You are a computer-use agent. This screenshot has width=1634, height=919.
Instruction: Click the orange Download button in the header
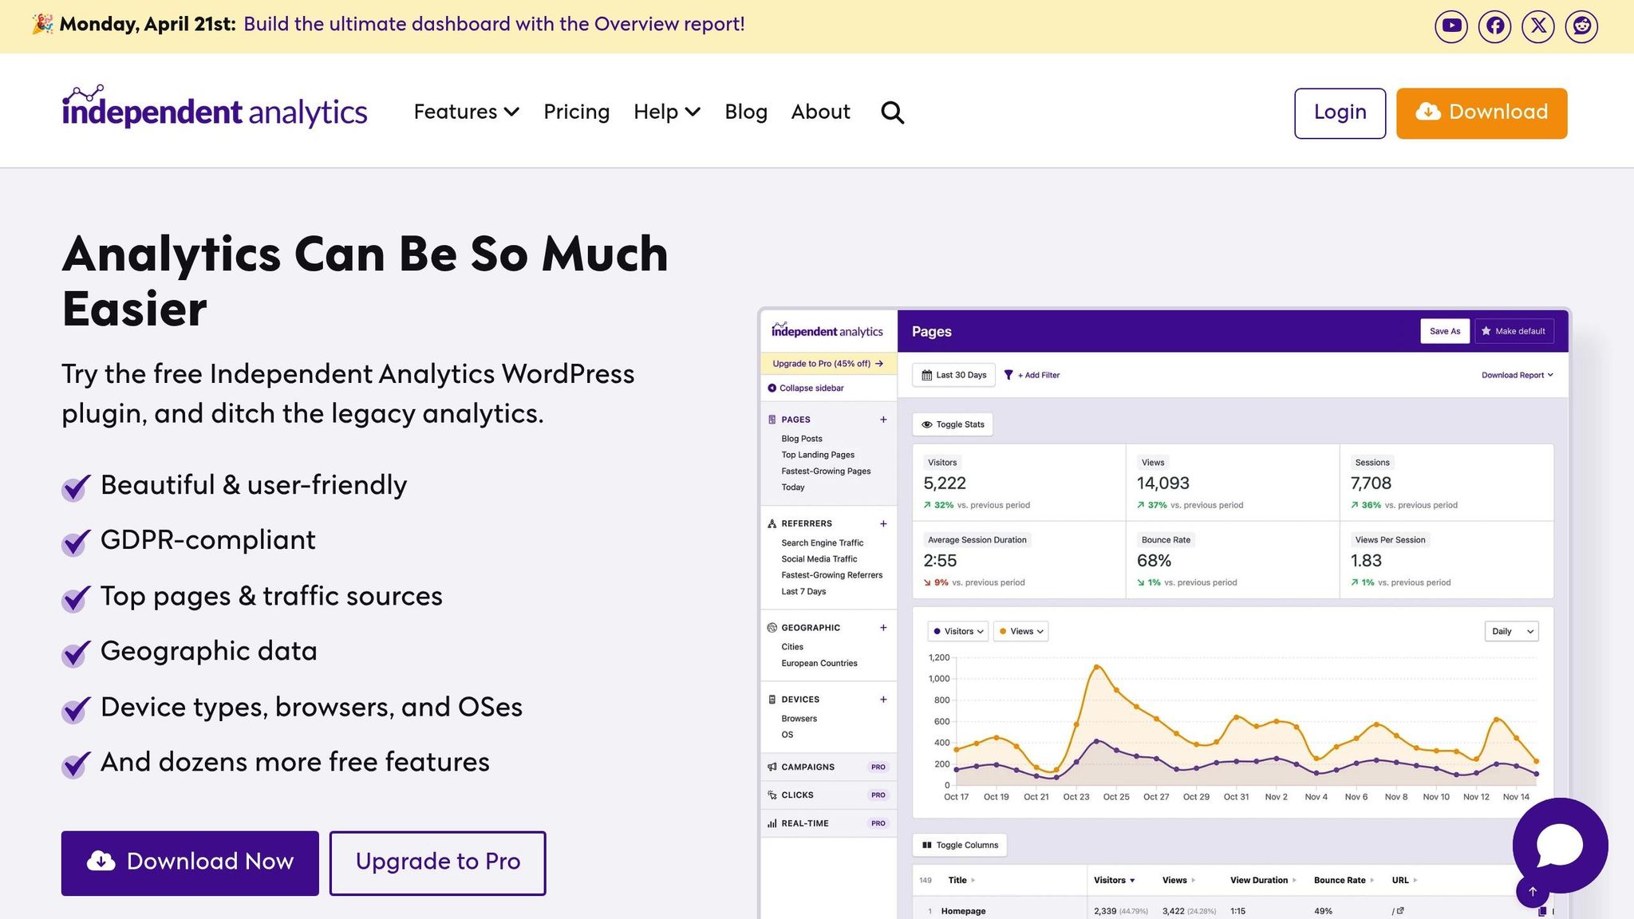1481,112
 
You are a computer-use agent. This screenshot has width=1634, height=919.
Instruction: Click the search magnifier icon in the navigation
892,112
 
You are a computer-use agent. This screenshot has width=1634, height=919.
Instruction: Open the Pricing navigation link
576,112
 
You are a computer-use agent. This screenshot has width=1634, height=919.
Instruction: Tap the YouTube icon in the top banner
1450,26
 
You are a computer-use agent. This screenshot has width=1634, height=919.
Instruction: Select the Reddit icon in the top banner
1581,26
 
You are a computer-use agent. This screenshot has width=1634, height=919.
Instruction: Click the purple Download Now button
190,862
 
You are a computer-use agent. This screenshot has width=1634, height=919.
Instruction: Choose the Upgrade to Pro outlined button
437,862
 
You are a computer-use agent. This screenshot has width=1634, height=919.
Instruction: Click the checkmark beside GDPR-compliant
76,542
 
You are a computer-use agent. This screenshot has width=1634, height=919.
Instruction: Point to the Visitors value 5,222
945,483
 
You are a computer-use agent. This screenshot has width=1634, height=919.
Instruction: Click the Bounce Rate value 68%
1154,561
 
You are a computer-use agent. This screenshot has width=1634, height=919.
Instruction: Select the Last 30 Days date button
953,375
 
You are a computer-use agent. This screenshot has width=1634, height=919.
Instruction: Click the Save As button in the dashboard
1444,331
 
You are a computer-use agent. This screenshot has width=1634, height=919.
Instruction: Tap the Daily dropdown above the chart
1511,631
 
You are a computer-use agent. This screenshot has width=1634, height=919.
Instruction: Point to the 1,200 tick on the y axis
939,657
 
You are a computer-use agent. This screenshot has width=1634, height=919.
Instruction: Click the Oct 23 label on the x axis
1076,797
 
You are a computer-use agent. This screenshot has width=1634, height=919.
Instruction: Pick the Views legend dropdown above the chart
1020,631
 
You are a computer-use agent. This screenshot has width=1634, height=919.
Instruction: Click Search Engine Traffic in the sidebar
822,542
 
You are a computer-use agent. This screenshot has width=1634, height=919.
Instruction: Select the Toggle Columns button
959,845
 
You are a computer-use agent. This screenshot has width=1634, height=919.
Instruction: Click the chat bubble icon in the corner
1559,845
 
